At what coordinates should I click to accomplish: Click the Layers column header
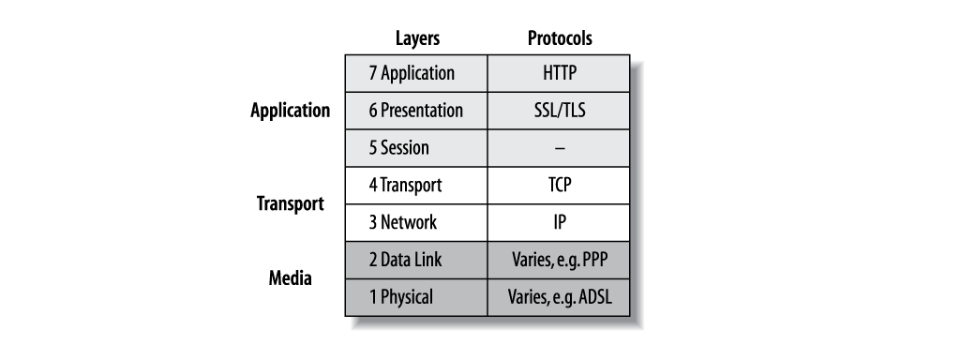click(x=416, y=38)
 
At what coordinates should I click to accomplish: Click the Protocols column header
click(x=560, y=38)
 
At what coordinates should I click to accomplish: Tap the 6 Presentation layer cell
click(x=416, y=110)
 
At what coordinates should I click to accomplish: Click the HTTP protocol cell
click(x=559, y=73)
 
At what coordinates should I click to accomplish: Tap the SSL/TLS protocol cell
click(x=559, y=110)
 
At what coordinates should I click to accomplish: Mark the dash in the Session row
click(x=560, y=148)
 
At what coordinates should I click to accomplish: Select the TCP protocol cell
click(x=559, y=185)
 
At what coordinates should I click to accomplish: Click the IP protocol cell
click(x=559, y=222)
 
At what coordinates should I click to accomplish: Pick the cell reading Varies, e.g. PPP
click(x=559, y=260)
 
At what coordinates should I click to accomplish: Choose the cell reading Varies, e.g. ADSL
click(x=559, y=297)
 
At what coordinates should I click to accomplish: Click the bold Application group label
click(x=291, y=111)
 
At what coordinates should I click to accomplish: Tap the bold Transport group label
click(x=291, y=203)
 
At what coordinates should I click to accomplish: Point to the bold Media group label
click(x=291, y=278)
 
